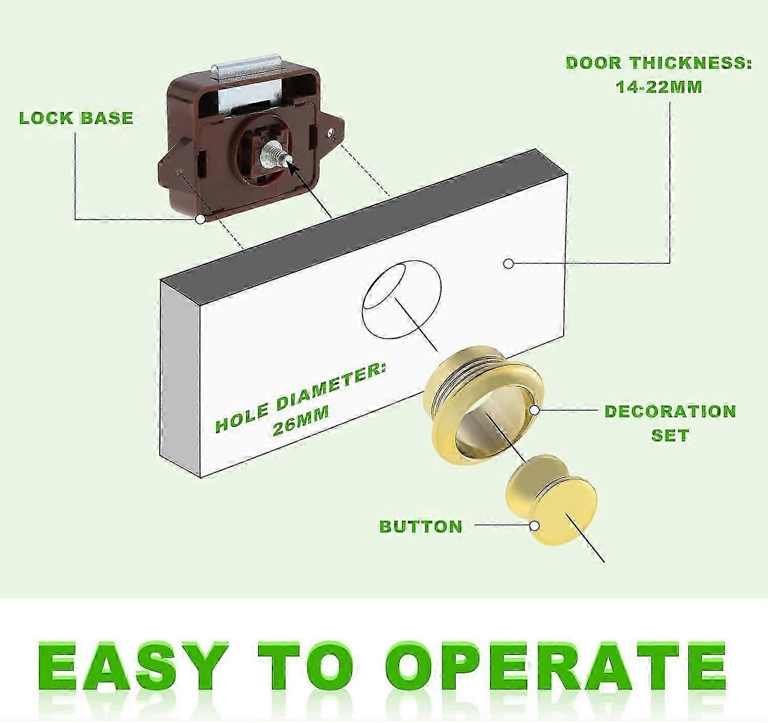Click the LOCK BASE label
(76, 118)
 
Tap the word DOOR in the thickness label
(593, 63)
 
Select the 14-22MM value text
(659, 87)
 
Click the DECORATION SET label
(670, 423)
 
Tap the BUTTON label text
(421, 526)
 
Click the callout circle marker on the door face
(508, 264)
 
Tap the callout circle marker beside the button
(535, 526)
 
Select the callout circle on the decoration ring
(535, 410)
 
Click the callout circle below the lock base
(201, 219)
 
